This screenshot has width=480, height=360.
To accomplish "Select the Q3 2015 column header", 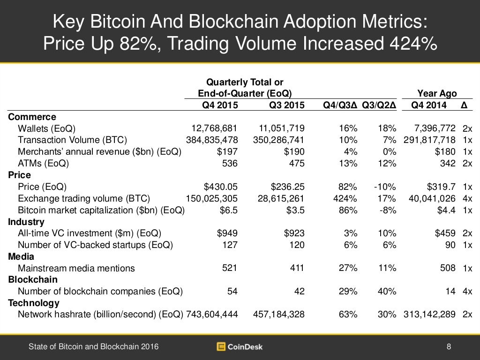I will (286, 105).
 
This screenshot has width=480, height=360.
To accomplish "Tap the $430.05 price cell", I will (222, 187).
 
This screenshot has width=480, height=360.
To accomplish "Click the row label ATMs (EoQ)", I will (43, 164).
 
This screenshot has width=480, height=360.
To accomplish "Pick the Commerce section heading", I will (32, 117).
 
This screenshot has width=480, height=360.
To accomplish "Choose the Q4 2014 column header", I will (429, 105).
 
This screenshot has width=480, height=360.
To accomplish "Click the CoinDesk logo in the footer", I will (240, 347).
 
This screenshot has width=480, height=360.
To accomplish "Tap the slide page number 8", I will (449, 347).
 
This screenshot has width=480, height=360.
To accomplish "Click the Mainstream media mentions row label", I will (76, 268).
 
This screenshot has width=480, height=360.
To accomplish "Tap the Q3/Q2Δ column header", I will (379, 105).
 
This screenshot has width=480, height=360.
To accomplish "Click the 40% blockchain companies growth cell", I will (387, 291).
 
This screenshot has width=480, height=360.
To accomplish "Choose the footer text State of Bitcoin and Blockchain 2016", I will (93, 347).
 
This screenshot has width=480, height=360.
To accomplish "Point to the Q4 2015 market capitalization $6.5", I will (229, 210).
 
